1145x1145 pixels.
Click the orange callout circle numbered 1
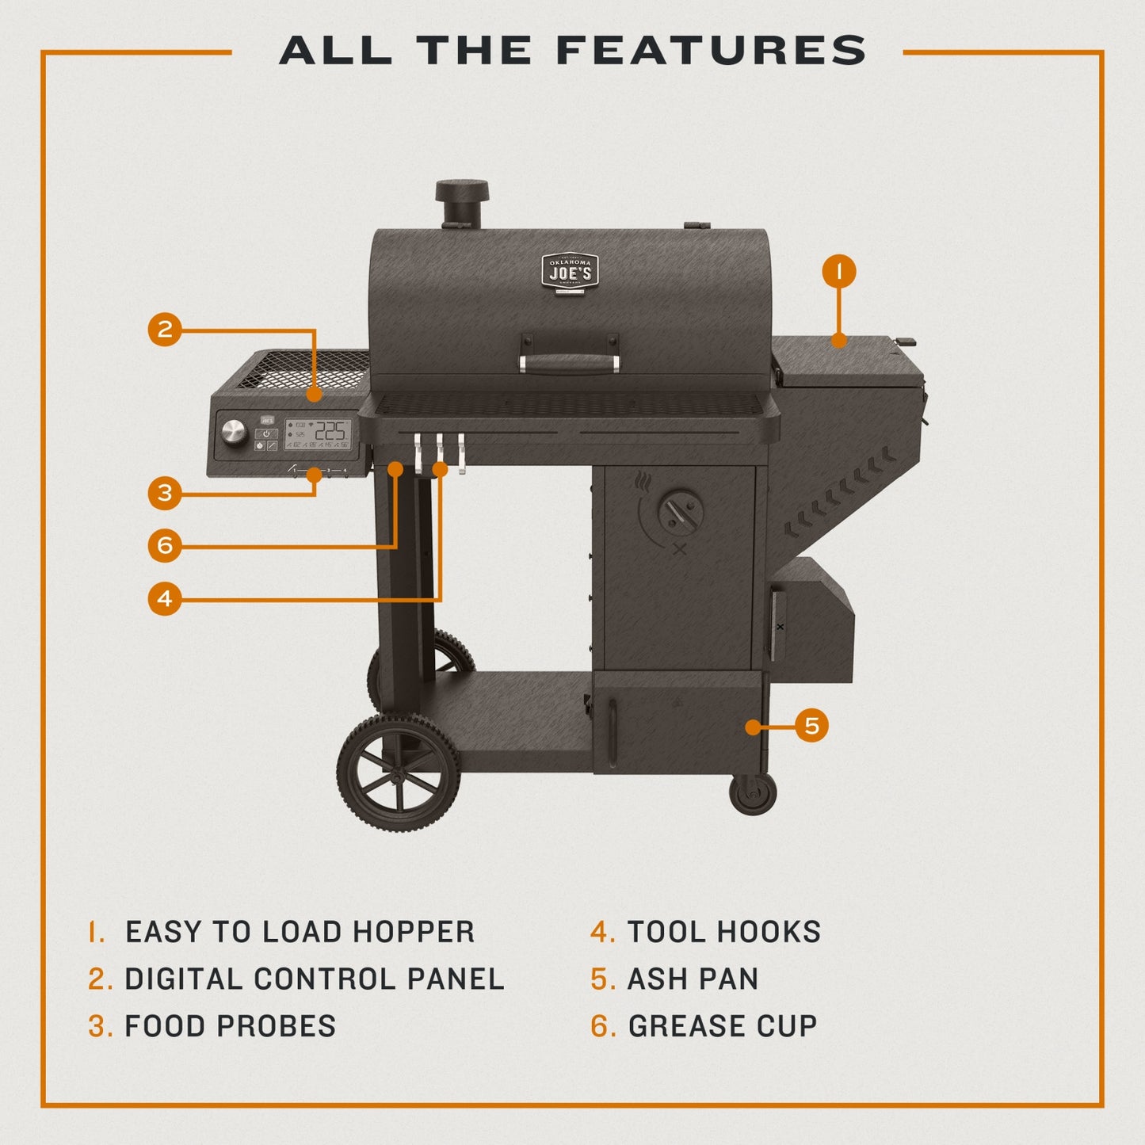[839, 272]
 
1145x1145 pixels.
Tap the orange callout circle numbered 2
[165, 329]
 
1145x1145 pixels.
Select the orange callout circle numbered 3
[165, 493]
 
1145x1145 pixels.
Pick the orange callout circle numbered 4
[165, 598]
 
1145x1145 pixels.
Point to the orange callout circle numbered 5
[811, 726]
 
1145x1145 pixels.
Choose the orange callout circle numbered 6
[165, 545]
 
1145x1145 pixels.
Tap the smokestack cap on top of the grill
[461, 191]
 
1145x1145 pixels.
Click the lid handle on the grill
[570, 363]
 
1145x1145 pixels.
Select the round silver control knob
[235, 432]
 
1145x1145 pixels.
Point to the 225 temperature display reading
[330, 430]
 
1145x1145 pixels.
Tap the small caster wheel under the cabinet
[752, 793]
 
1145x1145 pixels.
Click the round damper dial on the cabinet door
[681, 512]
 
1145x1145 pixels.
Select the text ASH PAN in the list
[693, 979]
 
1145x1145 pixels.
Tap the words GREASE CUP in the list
[722, 1026]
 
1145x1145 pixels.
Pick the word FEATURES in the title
[711, 51]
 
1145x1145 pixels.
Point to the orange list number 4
[602, 932]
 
